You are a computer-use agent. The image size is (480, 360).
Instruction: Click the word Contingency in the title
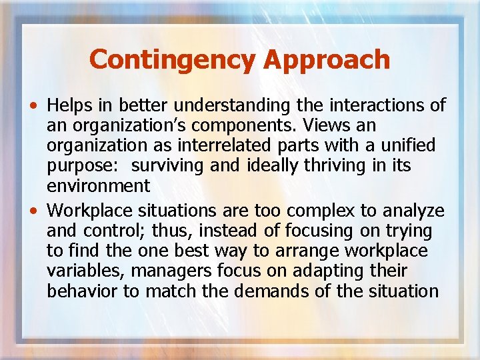(173, 59)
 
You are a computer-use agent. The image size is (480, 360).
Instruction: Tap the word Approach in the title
(326, 59)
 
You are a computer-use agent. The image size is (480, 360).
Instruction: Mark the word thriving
(343, 165)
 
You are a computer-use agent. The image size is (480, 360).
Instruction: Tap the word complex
(315, 211)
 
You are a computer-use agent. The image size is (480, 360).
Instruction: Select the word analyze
(413, 211)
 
